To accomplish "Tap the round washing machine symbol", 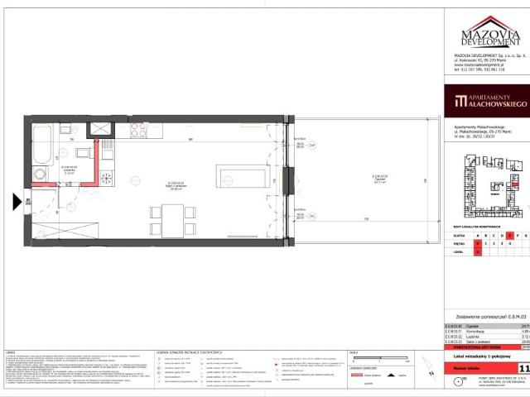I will point(38,173).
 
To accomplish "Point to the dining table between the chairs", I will point(174,220).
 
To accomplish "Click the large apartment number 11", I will point(523,345).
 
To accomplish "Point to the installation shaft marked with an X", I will point(100,130).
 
